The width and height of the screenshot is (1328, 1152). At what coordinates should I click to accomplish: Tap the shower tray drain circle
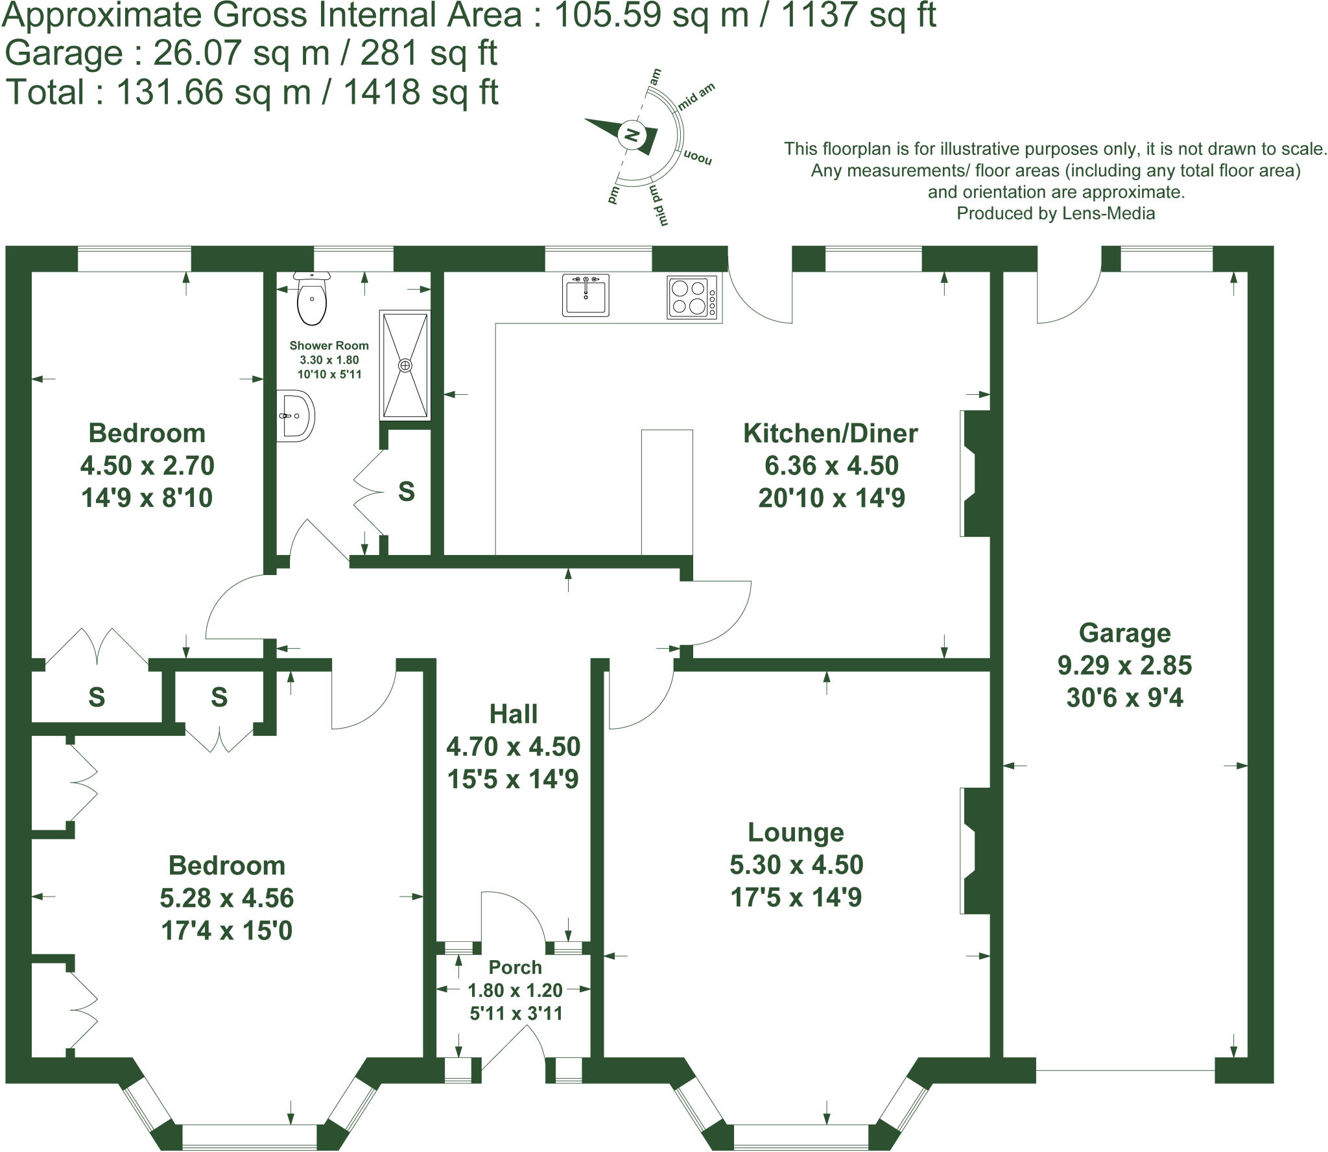(x=405, y=366)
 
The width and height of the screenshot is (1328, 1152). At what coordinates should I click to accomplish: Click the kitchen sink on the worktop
(x=586, y=296)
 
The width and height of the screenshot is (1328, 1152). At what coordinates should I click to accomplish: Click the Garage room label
(x=1124, y=633)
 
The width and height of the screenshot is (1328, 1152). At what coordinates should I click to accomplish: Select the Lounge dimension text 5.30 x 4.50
(x=796, y=865)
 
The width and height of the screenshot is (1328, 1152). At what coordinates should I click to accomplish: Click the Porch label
(x=515, y=967)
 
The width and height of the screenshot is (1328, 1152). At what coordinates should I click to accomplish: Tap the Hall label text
(x=513, y=714)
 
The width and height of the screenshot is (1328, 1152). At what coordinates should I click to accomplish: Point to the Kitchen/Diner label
(x=830, y=433)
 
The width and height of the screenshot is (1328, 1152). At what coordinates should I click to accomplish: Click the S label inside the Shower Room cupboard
(x=406, y=491)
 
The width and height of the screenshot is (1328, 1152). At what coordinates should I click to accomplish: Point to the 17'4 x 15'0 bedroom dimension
(x=226, y=930)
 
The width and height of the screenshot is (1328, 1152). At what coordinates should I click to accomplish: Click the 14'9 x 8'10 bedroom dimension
(x=147, y=498)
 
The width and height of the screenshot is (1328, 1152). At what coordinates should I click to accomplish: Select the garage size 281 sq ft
(x=429, y=53)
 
